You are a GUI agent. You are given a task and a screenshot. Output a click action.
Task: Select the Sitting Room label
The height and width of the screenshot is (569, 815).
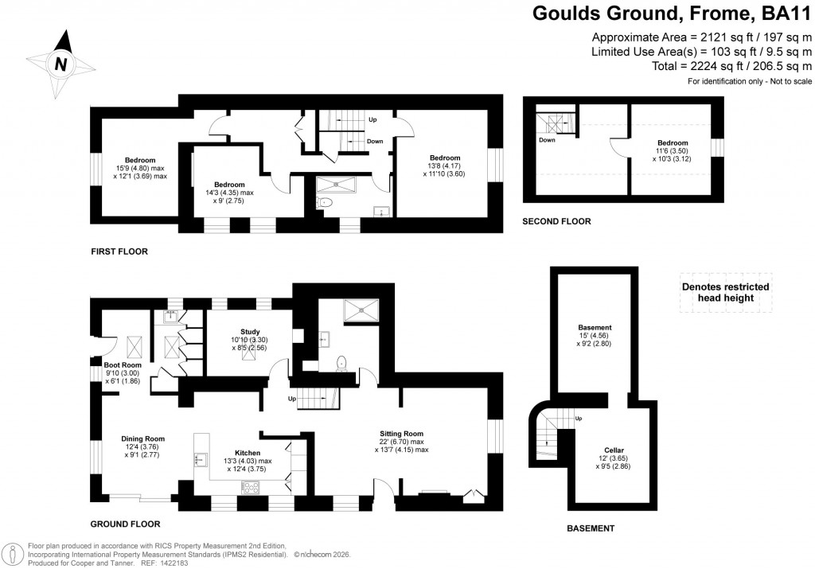tap(402, 433)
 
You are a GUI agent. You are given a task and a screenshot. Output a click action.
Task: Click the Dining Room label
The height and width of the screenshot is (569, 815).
tap(143, 438)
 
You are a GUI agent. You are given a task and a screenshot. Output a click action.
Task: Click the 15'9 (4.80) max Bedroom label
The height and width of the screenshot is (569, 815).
tap(140, 160)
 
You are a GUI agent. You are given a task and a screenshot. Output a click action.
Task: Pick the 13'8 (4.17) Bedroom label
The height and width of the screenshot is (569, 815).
tap(445, 157)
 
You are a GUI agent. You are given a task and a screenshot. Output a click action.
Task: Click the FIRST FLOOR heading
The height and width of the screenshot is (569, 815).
tap(120, 251)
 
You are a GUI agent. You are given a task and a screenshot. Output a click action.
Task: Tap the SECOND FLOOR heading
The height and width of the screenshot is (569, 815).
tap(556, 222)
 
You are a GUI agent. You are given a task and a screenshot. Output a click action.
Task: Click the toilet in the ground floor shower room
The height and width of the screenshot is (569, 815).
tap(342, 362)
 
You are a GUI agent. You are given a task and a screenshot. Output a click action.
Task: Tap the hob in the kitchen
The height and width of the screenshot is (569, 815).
tap(252, 487)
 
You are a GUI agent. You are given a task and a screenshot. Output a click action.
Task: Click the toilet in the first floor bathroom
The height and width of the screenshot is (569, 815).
tap(323, 204)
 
